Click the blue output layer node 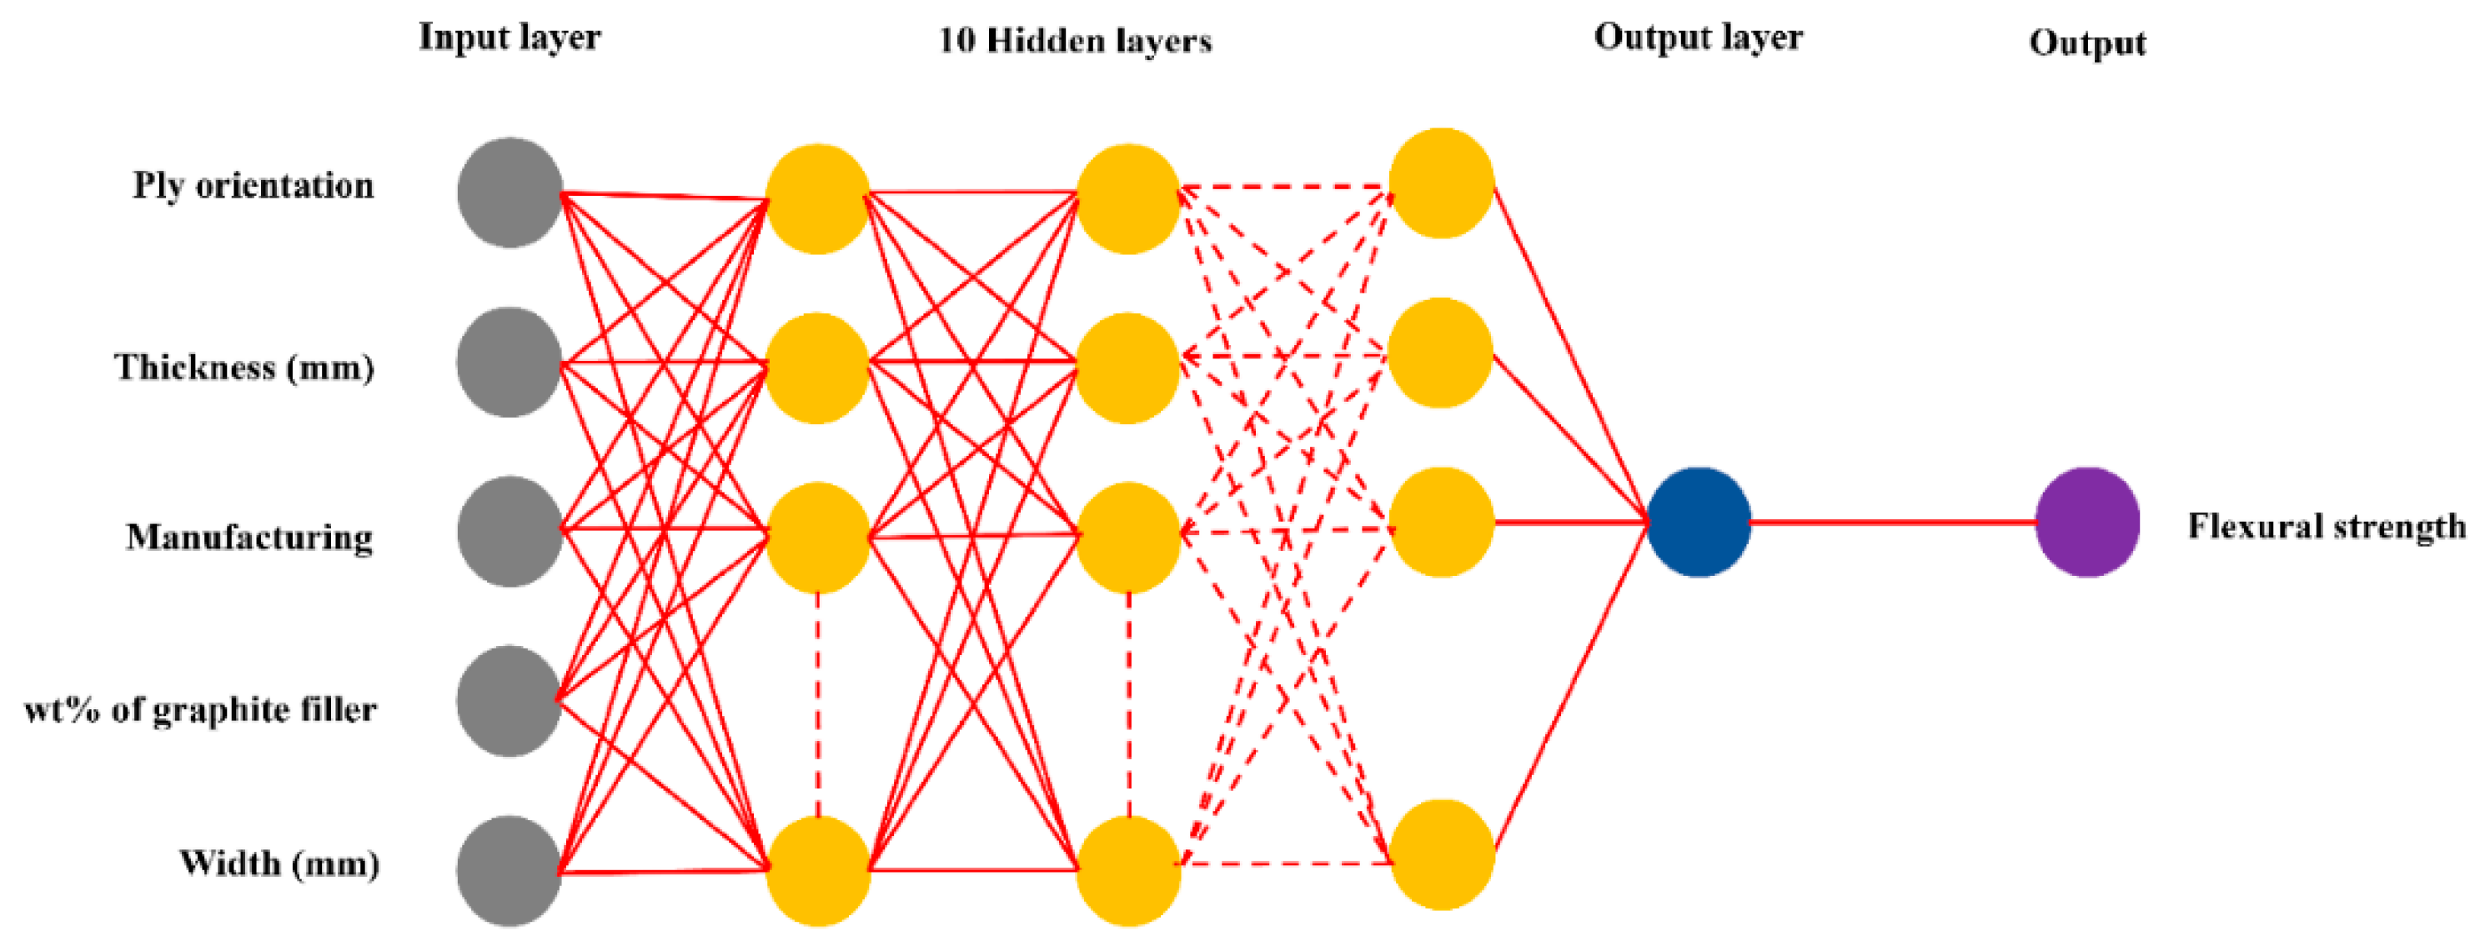pos(1699,523)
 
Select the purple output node pos(2087,523)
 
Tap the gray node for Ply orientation pos(510,193)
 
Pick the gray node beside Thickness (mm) pos(510,363)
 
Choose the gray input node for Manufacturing pos(510,532)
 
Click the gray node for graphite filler pos(510,702)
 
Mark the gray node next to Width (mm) pos(510,871)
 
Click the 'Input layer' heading pos(510,38)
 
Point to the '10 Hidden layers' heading pos(1075,41)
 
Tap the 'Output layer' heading pos(1699,38)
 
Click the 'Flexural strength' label pos(2327,527)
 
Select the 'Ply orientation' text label pos(254,186)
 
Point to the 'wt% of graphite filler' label pos(200,710)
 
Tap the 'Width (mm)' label pos(279,863)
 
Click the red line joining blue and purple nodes pos(1893,523)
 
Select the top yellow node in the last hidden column pos(1441,183)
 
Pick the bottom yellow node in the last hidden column pos(1441,855)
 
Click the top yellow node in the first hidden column pos(818,199)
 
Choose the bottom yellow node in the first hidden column pos(818,871)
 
